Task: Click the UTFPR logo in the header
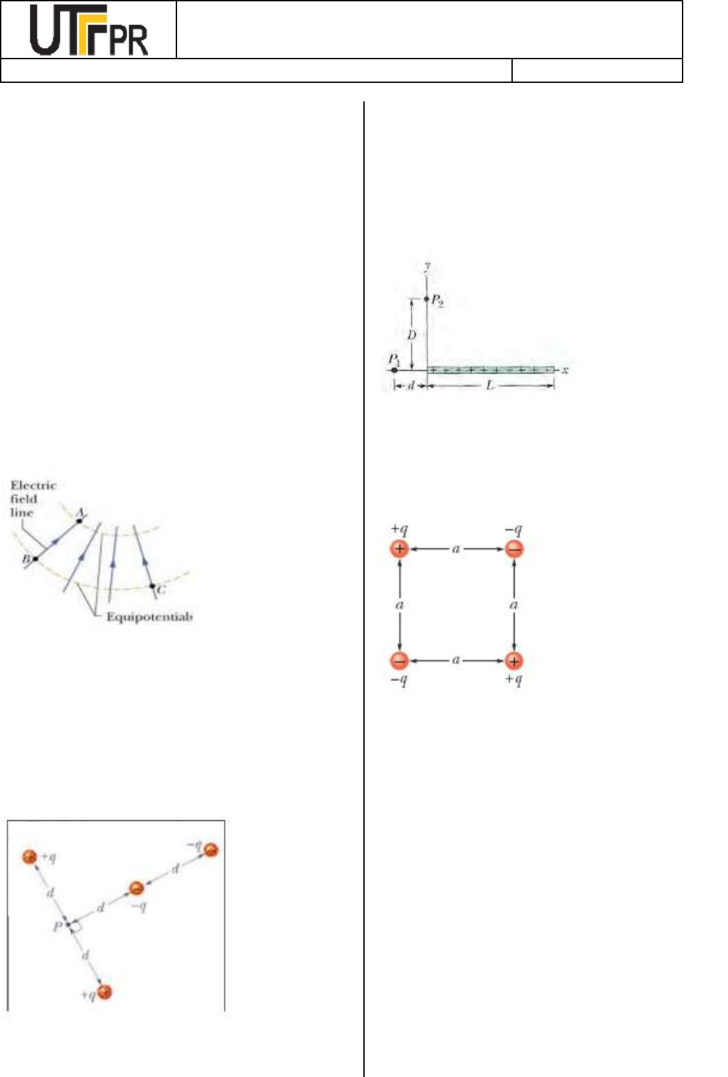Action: [89, 31]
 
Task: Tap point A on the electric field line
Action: [80, 520]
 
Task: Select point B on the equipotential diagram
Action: [34, 559]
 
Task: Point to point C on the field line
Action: [152, 586]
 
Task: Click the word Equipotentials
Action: [149, 617]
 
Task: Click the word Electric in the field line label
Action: [33, 486]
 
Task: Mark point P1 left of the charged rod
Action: [394, 370]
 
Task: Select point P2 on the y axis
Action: [427, 299]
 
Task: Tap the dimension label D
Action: [411, 335]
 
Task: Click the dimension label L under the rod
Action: [490, 386]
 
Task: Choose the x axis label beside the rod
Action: [565, 370]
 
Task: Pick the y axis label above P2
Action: [427, 266]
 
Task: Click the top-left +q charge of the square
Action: [400, 549]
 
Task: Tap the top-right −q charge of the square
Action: [514, 549]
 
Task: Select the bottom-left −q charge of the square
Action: [400, 661]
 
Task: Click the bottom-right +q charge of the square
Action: [514, 661]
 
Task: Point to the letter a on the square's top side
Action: [456, 548]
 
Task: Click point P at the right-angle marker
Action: [68, 924]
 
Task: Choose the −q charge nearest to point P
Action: [136, 888]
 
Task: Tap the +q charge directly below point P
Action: [104, 991]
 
